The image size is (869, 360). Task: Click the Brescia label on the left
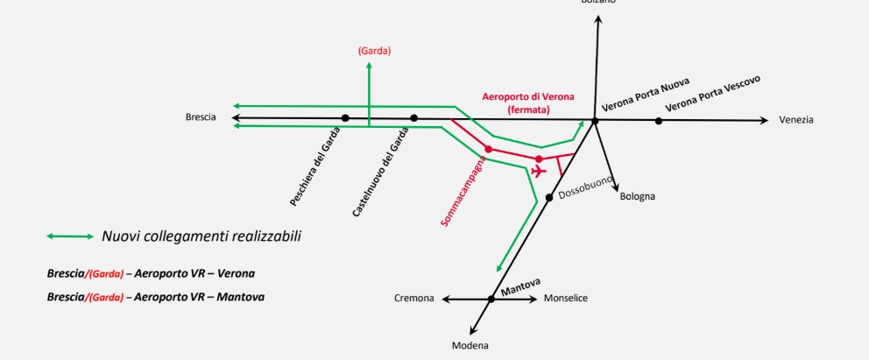pyautogui.click(x=201, y=117)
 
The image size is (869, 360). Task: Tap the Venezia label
pyautogui.click(x=796, y=119)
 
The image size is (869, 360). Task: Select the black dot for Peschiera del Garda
pyautogui.click(x=345, y=117)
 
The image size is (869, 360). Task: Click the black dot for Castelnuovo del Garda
pyautogui.click(x=414, y=117)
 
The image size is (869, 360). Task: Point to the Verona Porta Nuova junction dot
pyautogui.click(x=595, y=121)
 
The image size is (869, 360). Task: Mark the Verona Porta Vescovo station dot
pyautogui.click(x=659, y=121)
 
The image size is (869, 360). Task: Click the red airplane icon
pyautogui.click(x=539, y=170)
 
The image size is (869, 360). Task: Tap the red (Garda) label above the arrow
pyautogui.click(x=374, y=51)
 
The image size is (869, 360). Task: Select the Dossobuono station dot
pyautogui.click(x=548, y=196)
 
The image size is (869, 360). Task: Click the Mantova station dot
pyautogui.click(x=491, y=300)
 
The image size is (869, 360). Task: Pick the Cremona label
pyautogui.click(x=414, y=299)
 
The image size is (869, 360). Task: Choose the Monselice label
pyautogui.click(x=566, y=299)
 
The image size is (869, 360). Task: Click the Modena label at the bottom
pyautogui.click(x=470, y=345)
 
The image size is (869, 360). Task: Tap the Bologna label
pyautogui.click(x=637, y=196)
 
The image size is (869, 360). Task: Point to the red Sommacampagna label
pyautogui.click(x=463, y=194)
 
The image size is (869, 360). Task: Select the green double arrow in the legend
pyautogui.click(x=71, y=236)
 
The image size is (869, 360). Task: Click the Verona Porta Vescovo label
pyautogui.click(x=712, y=94)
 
